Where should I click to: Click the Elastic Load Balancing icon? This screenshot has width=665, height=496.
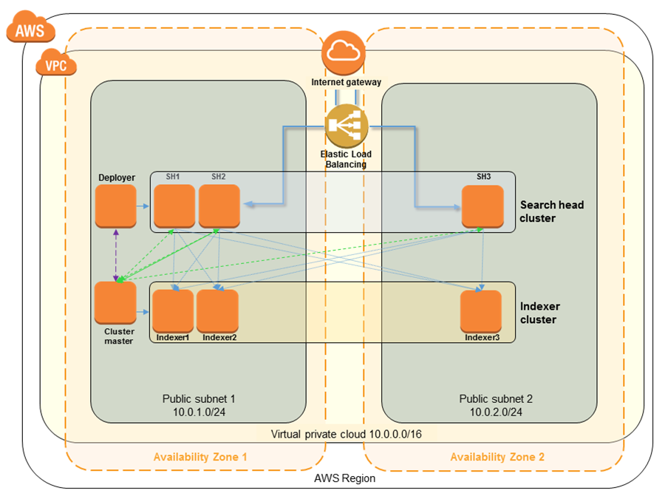click(x=346, y=125)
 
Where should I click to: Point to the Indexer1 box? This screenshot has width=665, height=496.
click(x=173, y=310)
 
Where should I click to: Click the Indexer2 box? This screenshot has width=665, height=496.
click(x=218, y=310)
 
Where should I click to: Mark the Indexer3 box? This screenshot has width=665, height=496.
click(x=481, y=310)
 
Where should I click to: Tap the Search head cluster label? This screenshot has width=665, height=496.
click(x=552, y=211)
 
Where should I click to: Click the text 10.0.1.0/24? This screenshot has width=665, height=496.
click(x=198, y=412)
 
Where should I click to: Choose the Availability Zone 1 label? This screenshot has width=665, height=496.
click(x=200, y=457)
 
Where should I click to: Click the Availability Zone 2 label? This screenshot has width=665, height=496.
click(x=497, y=457)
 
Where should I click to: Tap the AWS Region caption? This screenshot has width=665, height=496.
click(x=344, y=478)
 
